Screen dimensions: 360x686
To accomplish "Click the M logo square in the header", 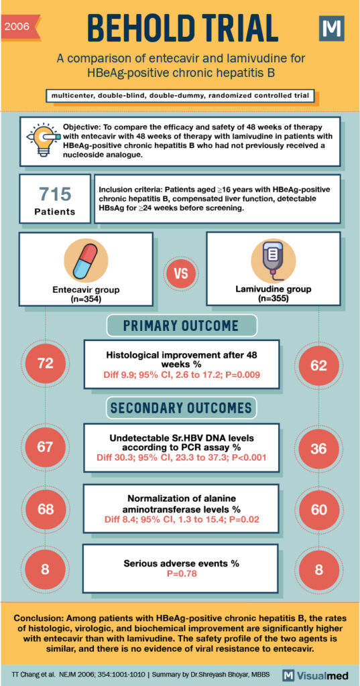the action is [331, 29].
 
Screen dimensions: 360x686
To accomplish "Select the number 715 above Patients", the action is [55, 194].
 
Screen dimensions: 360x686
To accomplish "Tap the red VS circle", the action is [180, 274].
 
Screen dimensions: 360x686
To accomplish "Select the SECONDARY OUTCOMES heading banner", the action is [181, 408].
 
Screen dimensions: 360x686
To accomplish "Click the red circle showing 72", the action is [45, 363].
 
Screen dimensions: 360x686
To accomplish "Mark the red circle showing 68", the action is [45, 509].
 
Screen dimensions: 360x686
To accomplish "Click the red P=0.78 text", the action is [181, 574].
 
